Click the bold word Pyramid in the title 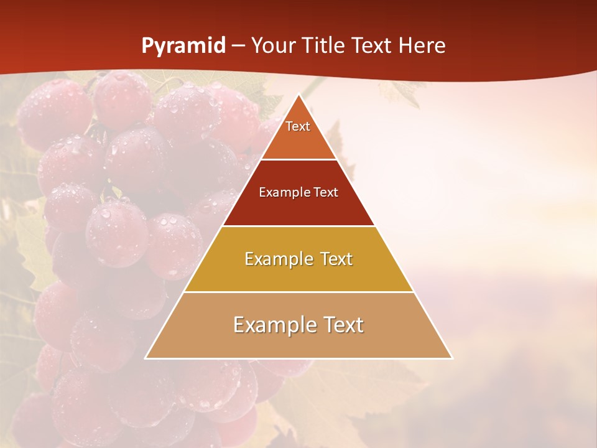point(183,46)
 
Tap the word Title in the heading point(324,46)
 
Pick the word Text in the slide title point(373,46)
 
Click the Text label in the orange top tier point(298,126)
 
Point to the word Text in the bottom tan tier point(339,325)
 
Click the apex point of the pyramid point(298,95)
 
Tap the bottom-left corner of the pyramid point(146,358)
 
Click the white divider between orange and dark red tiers point(298,160)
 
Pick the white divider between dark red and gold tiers point(298,226)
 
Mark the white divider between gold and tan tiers point(298,292)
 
